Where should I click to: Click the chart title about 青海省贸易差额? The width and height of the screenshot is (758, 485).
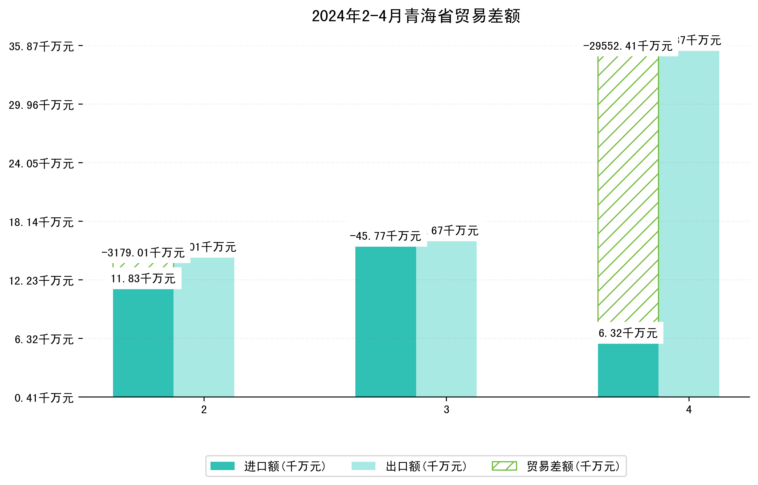416,16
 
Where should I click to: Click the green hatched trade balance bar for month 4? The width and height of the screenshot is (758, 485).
628,189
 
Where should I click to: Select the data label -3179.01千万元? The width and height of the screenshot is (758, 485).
143,253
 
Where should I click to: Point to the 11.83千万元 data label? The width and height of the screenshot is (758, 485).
144,279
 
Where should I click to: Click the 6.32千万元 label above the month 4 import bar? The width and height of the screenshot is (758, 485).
628,333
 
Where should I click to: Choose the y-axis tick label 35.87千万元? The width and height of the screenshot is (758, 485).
41,47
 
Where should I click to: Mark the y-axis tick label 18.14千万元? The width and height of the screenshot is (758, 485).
41,223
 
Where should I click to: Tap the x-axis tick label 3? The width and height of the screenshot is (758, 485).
446,409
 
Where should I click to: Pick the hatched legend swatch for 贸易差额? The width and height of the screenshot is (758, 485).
504,466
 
